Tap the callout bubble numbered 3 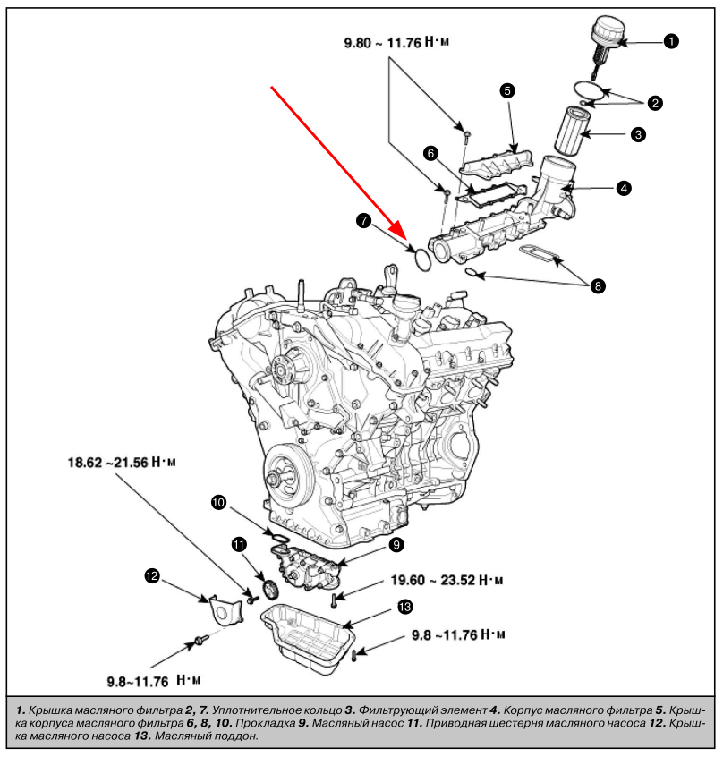[x=638, y=134]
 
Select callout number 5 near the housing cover [x=506, y=89]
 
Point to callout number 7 [x=364, y=219]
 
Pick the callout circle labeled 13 [x=405, y=608]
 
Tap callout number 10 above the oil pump [x=218, y=503]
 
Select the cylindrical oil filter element [x=573, y=132]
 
